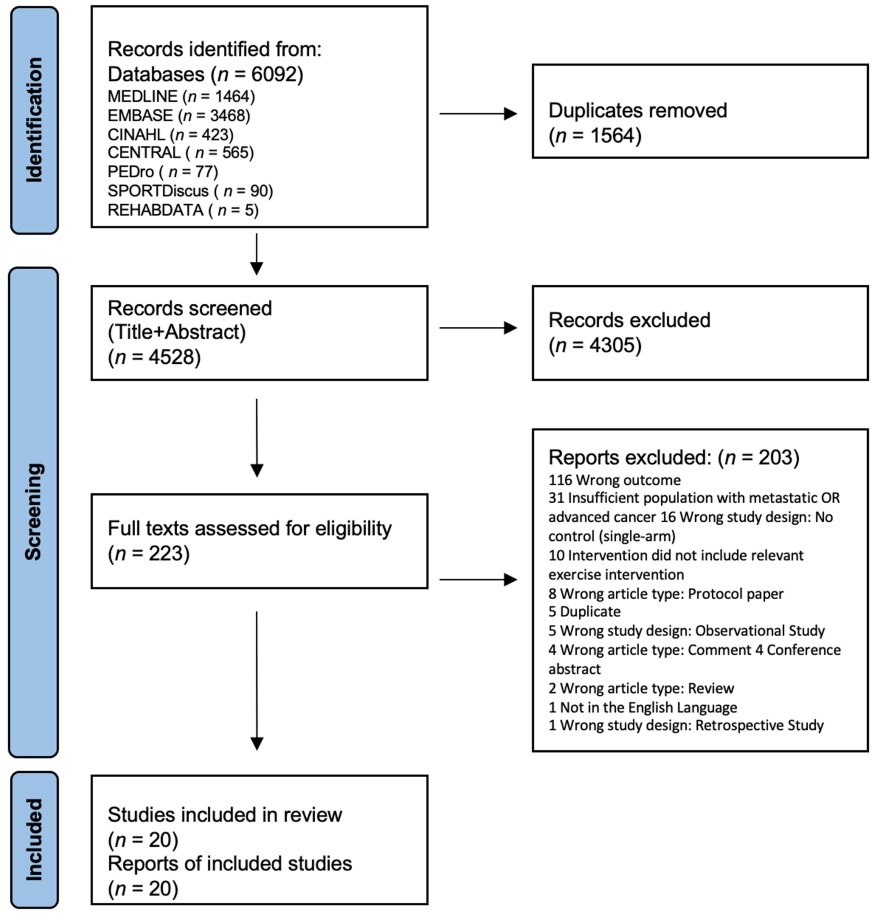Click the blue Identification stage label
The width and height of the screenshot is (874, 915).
point(34,120)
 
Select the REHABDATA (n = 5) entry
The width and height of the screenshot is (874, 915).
point(183,210)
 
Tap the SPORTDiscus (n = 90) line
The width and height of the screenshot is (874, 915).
point(190,191)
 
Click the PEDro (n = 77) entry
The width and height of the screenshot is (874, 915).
point(163,172)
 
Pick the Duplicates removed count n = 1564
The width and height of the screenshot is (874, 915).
point(595,136)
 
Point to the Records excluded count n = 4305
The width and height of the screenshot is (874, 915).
point(595,345)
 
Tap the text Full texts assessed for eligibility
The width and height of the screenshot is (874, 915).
point(250,529)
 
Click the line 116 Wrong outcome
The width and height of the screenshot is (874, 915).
point(615,480)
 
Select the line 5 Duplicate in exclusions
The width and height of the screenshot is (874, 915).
point(585,611)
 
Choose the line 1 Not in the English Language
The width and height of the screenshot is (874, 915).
point(643,707)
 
